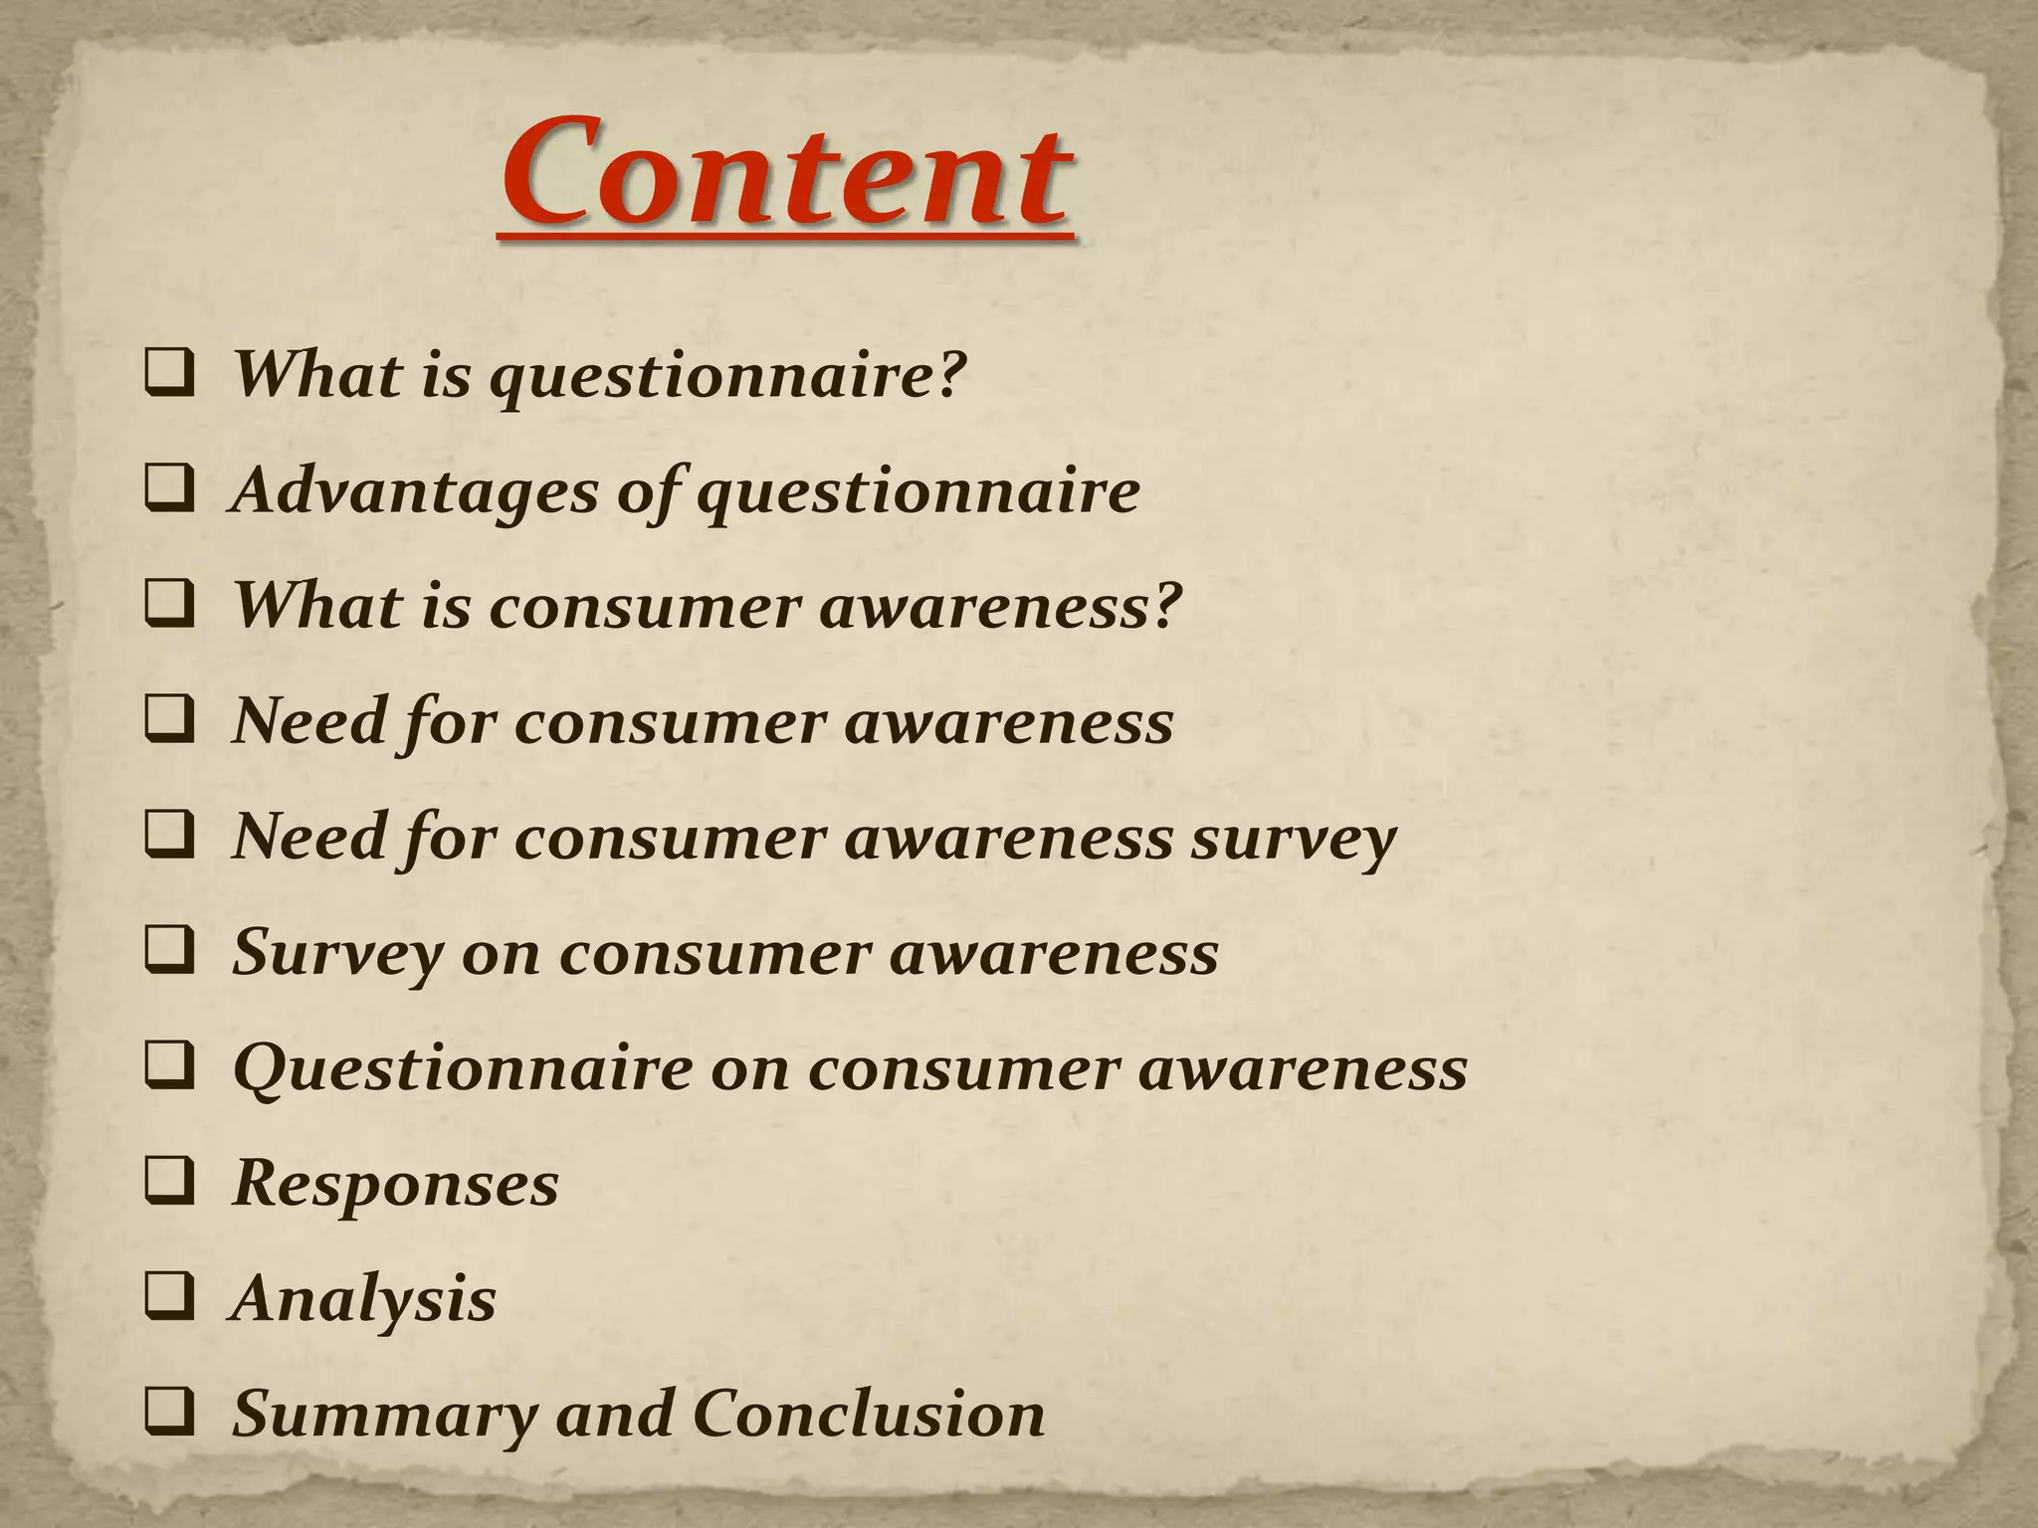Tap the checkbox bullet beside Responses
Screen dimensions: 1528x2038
(169, 1183)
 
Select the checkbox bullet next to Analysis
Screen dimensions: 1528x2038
(169, 1298)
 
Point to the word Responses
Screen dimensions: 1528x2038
(395, 1183)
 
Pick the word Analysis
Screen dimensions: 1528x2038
(363, 1298)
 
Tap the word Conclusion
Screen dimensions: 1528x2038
(868, 1414)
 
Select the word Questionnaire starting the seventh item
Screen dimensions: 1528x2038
(462, 1069)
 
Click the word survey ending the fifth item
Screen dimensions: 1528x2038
(1294, 839)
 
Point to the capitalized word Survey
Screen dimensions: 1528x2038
(336, 954)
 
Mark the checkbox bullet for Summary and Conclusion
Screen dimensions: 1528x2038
(169, 1414)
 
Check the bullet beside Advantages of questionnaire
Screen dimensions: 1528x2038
(169, 490)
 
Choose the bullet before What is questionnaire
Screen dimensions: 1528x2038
(169, 375)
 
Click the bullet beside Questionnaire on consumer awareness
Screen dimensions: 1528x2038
(169, 1067)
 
